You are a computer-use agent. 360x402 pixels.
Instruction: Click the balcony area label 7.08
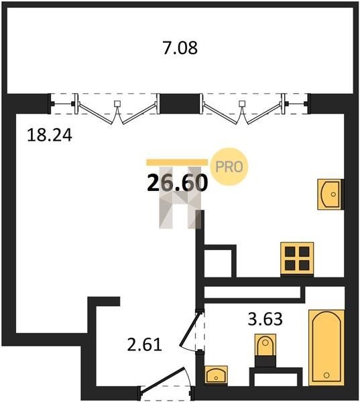click(180, 48)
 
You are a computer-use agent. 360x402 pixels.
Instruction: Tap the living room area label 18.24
click(50, 135)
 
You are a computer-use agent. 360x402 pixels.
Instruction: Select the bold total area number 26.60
click(177, 183)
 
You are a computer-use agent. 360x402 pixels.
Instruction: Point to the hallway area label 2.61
click(145, 344)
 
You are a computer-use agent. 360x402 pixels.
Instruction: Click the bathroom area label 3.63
click(265, 319)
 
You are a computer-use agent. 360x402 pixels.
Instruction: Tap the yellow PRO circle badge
click(229, 167)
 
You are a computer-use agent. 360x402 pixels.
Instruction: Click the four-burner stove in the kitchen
click(297, 259)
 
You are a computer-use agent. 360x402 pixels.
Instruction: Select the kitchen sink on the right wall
click(331, 194)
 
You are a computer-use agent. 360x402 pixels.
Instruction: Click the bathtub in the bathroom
click(326, 347)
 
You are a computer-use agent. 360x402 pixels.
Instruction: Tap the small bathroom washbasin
click(217, 375)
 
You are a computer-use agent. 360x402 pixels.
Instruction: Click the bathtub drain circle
click(326, 375)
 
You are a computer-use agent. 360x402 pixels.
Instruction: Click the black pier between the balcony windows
click(180, 103)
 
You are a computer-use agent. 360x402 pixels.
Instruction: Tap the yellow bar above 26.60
click(177, 162)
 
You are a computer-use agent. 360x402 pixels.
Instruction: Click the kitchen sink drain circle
click(333, 194)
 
